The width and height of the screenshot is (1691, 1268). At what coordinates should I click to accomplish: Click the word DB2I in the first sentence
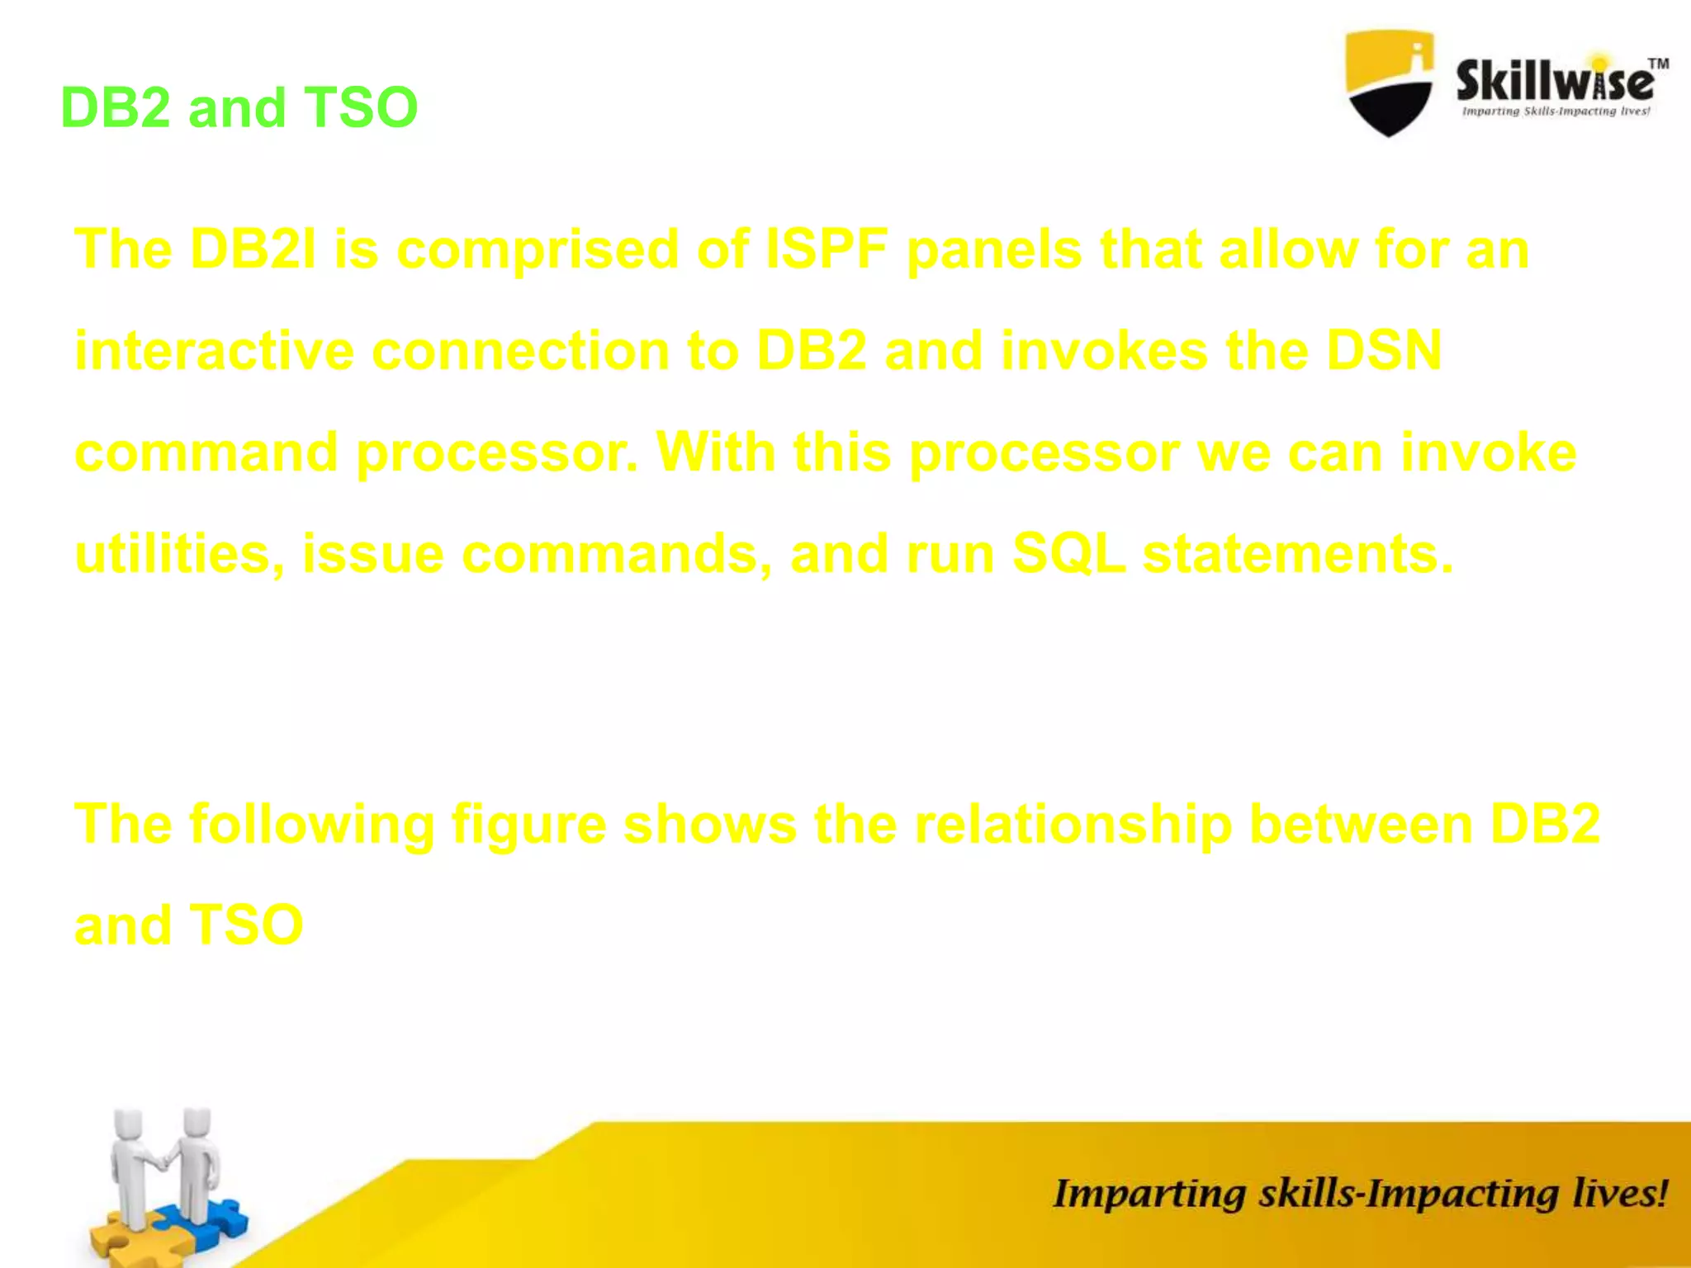click(x=253, y=249)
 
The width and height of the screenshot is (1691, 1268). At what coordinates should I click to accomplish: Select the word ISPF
click(x=827, y=249)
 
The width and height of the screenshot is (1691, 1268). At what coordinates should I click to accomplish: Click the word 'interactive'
click(x=214, y=352)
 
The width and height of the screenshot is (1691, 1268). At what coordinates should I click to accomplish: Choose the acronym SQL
click(x=1068, y=555)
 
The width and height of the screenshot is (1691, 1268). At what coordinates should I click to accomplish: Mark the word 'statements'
click(x=1296, y=555)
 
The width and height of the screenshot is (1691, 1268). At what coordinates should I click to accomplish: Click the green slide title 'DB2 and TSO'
click(x=239, y=107)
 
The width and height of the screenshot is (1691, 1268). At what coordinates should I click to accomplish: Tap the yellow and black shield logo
click(x=1389, y=83)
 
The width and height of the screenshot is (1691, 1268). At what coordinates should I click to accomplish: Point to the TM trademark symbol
click(x=1658, y=64)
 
